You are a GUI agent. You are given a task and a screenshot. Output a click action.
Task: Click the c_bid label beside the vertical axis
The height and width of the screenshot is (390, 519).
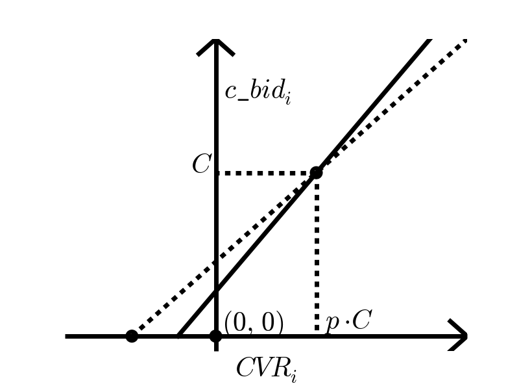coord(257,92)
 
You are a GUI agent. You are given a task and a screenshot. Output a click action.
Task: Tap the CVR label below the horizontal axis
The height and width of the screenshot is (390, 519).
coord(266,369)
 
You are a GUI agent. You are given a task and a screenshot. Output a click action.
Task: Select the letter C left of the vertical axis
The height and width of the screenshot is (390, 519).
coord(201,165)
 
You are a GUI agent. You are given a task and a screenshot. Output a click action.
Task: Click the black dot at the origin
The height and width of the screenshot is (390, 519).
coord(216,336)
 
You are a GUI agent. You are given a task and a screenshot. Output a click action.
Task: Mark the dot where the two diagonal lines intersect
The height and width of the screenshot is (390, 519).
coord(316,172)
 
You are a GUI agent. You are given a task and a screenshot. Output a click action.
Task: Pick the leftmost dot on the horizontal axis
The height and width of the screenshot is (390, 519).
coord(132,336)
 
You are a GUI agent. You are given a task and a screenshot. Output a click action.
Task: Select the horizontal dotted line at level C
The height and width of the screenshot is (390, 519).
coord(266,173)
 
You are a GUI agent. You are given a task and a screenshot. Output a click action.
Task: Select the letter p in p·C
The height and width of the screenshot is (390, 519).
coord(332,323)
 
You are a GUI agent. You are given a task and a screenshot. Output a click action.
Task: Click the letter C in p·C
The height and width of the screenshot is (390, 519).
coord(361,320)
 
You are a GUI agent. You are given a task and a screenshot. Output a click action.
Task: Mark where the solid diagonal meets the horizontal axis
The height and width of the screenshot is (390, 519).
coord(179,336)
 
